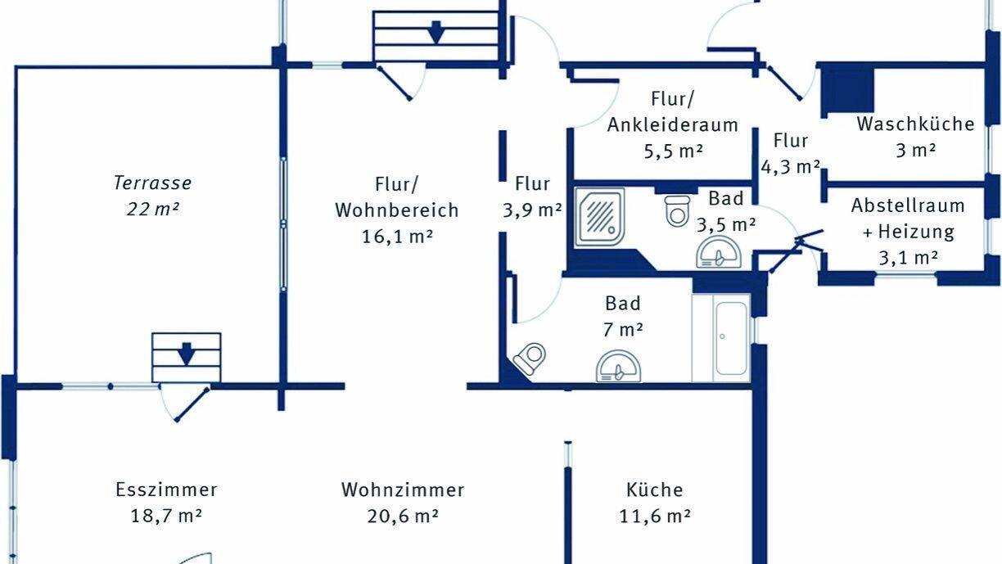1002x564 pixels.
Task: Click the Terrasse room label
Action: (152, 183)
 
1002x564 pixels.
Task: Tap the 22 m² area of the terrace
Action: (152, 209)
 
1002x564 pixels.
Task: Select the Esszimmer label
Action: (166, 490)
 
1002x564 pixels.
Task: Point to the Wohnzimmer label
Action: (403, 490)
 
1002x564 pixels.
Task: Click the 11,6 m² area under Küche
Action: (654, 516)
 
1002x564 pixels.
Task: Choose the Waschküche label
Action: (915, 124)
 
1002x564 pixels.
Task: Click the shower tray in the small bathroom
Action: (601, 215)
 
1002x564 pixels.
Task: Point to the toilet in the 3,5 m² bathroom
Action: (677, 210)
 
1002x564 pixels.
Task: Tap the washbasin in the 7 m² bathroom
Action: (618, 367)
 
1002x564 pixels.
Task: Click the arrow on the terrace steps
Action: (186, 354)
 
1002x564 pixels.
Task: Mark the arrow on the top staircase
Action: (436, 31)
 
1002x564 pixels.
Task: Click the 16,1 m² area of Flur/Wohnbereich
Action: (396, 237)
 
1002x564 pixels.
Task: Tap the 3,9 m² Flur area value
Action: (532, 209)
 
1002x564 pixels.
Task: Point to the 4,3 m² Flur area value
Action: (790, 167)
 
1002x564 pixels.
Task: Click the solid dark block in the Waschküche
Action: (847, 88)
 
